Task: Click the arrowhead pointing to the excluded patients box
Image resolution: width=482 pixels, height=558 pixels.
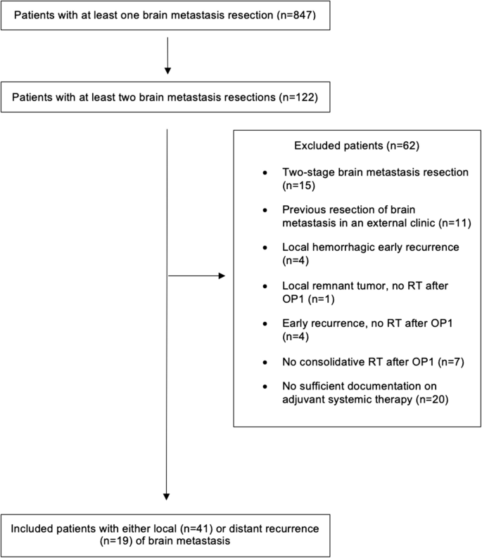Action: point(226,276)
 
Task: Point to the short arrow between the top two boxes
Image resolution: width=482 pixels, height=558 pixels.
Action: point(167,56)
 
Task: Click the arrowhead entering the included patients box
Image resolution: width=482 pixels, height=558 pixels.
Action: point(167,493)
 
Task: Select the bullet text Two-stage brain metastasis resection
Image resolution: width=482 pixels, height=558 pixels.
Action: point(367,173)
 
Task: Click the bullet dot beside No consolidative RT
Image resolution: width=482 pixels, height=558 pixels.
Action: point(264,361)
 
